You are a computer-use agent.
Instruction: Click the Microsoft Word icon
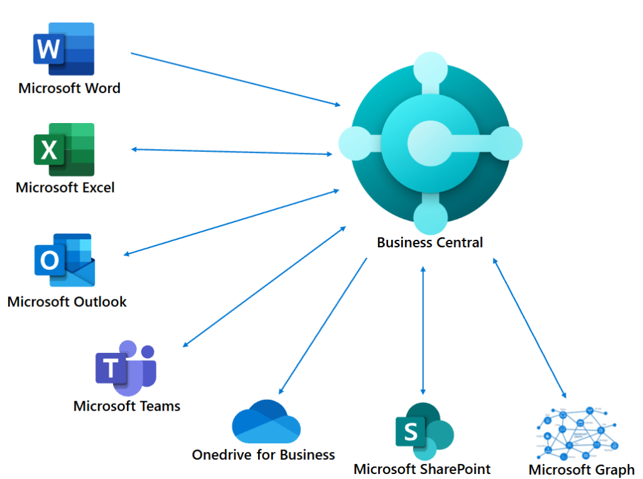[63, 50]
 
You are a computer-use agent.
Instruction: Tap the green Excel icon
[64, 149]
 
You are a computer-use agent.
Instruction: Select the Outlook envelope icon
[64, 260]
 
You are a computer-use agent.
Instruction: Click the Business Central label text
[430, 242]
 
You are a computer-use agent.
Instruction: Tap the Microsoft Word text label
[69, 88]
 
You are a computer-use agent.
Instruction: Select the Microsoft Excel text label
[65, 187]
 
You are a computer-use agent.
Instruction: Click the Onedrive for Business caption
[263, 455]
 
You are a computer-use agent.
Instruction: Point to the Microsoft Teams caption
[127, 406]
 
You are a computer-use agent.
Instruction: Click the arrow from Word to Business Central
[235, 79]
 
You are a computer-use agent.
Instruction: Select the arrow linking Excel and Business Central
[232, 151]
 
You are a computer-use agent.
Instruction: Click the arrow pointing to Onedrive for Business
[323, 326]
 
